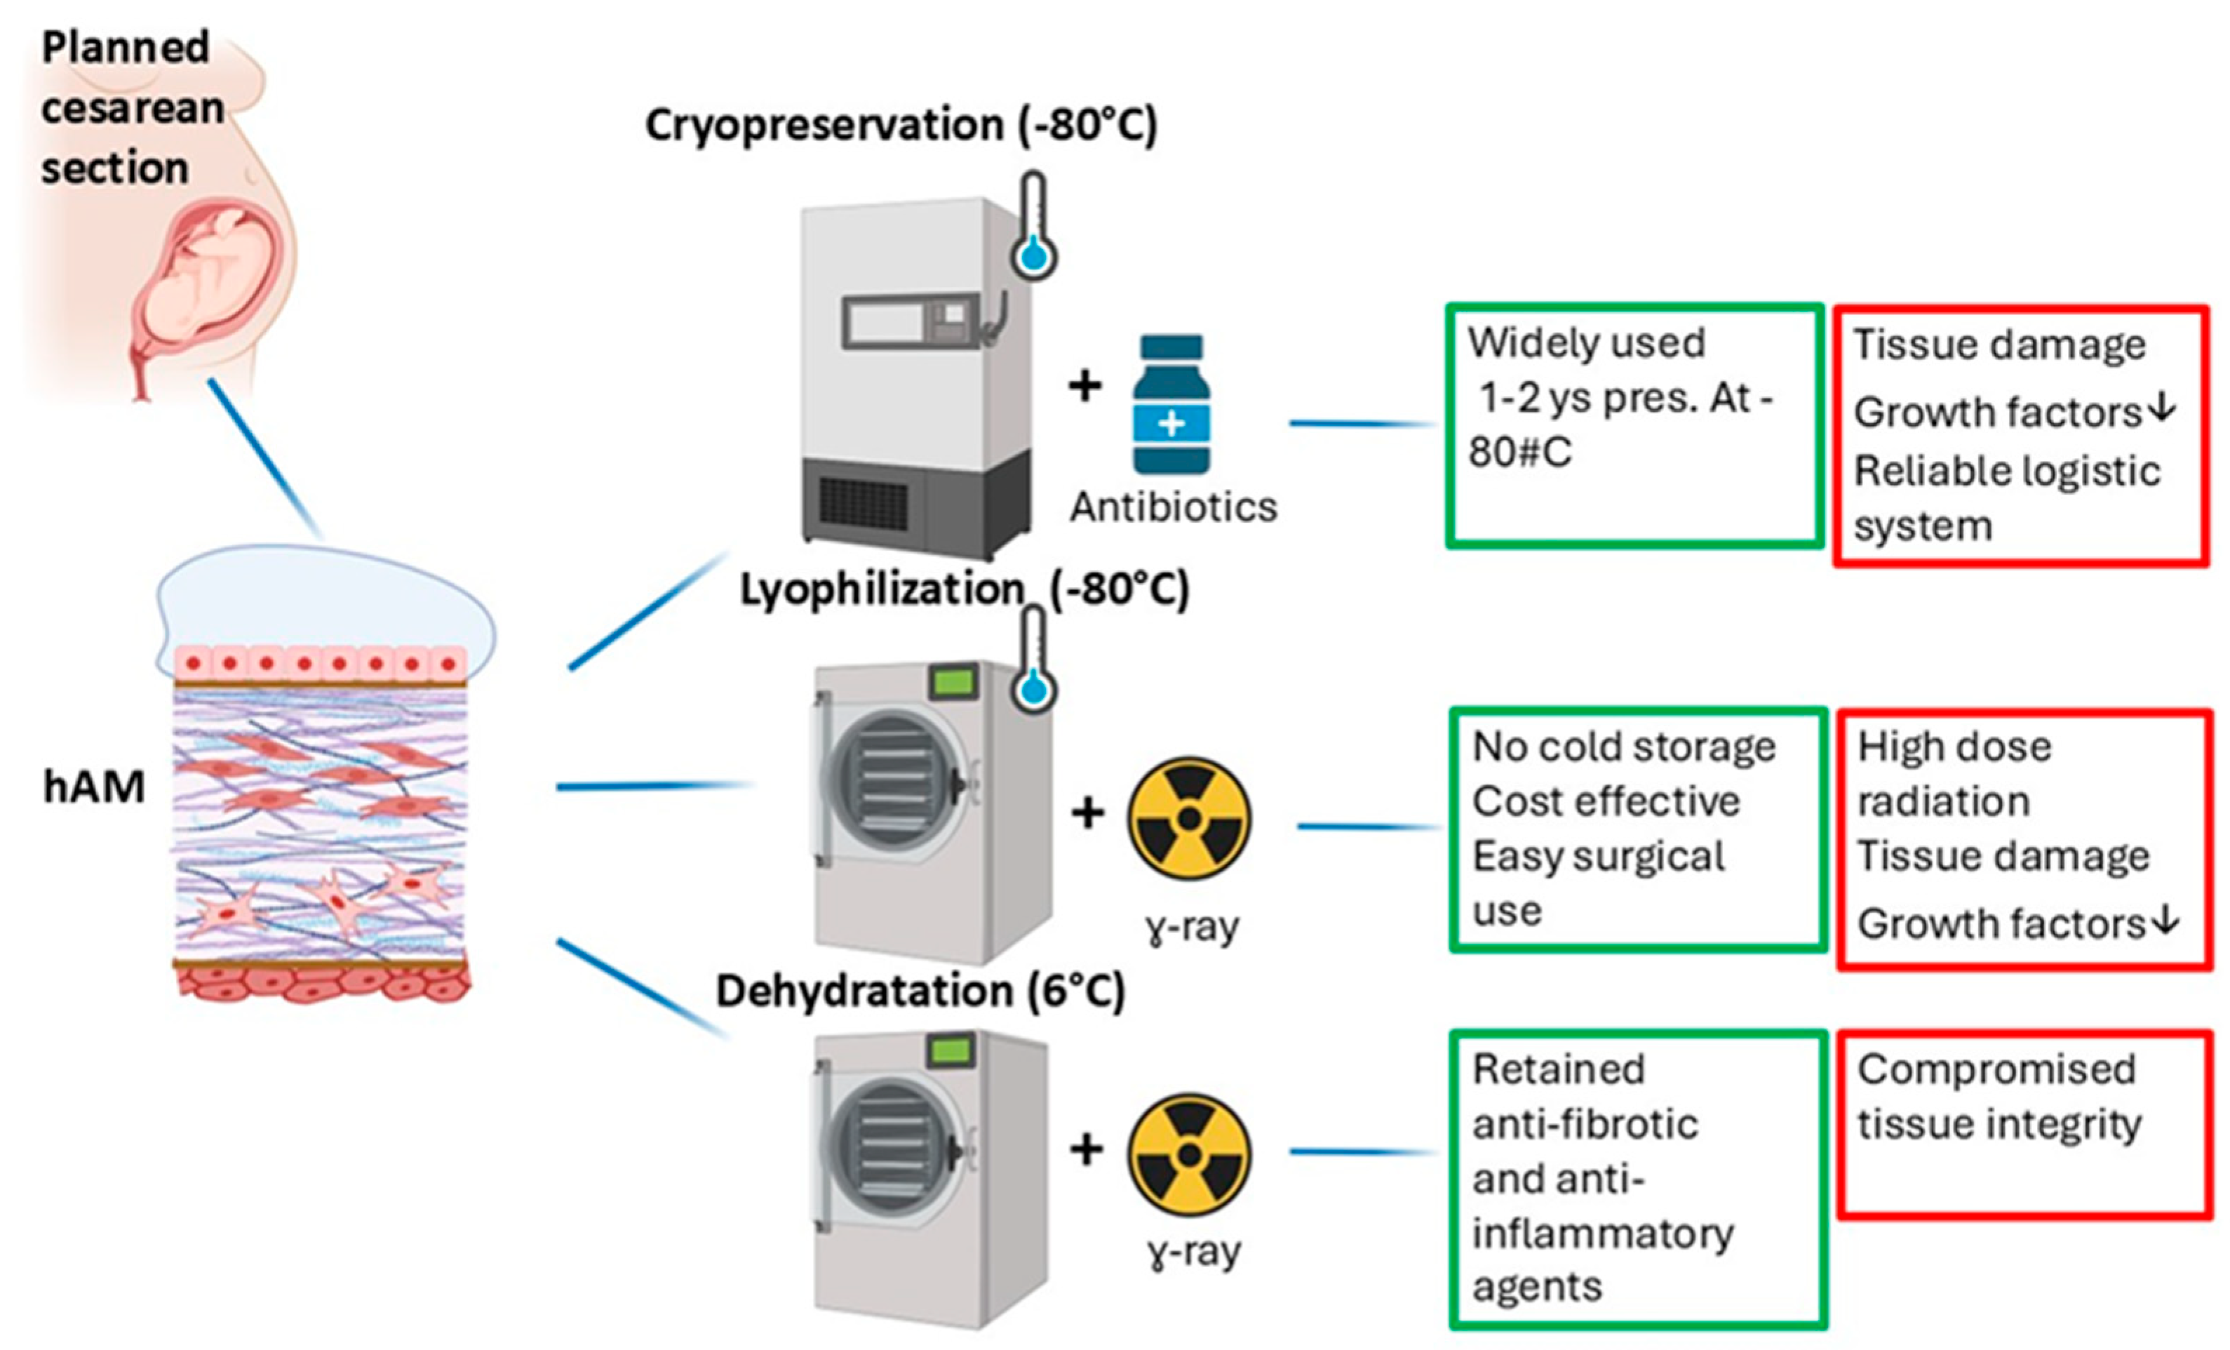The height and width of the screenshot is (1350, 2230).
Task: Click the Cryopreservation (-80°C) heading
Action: (x=901, y=126)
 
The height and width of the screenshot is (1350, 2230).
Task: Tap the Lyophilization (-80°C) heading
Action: (x=964, y=589)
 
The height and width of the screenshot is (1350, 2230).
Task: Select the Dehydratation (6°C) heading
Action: (x=920, y=991)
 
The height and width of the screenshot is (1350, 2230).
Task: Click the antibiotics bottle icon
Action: (x=1172, y=404)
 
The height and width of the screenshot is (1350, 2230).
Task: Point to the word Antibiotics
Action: (x=1173, y=507)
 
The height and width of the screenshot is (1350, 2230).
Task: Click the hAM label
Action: (x=94, y=787)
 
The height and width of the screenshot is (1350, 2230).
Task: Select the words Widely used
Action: (x=1585, y=343)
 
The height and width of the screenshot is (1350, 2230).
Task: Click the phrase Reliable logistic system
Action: (x=2006, y=499)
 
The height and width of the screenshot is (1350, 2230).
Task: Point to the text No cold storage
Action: (x=1624, y=747)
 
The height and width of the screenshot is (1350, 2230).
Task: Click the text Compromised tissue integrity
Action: (x=1999, y=1097)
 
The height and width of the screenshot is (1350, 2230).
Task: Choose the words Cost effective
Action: (x=1606, y=801)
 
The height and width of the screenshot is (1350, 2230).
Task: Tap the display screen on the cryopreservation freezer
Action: (x=883, y=321)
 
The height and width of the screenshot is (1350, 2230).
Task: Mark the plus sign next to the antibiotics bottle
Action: (x=1085, y=387)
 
